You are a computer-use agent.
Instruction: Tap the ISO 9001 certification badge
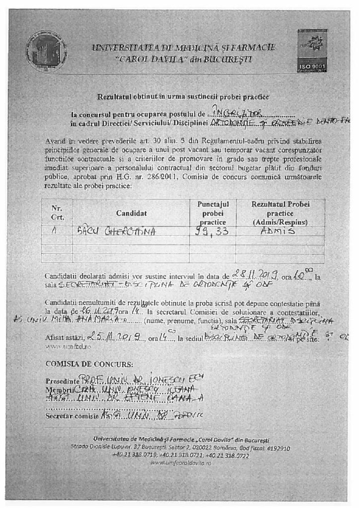312,50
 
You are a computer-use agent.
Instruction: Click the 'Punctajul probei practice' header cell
212,213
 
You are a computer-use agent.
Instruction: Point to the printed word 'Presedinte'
62,381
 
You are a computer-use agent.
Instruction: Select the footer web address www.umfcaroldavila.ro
181,462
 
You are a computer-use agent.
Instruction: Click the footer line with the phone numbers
180,455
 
